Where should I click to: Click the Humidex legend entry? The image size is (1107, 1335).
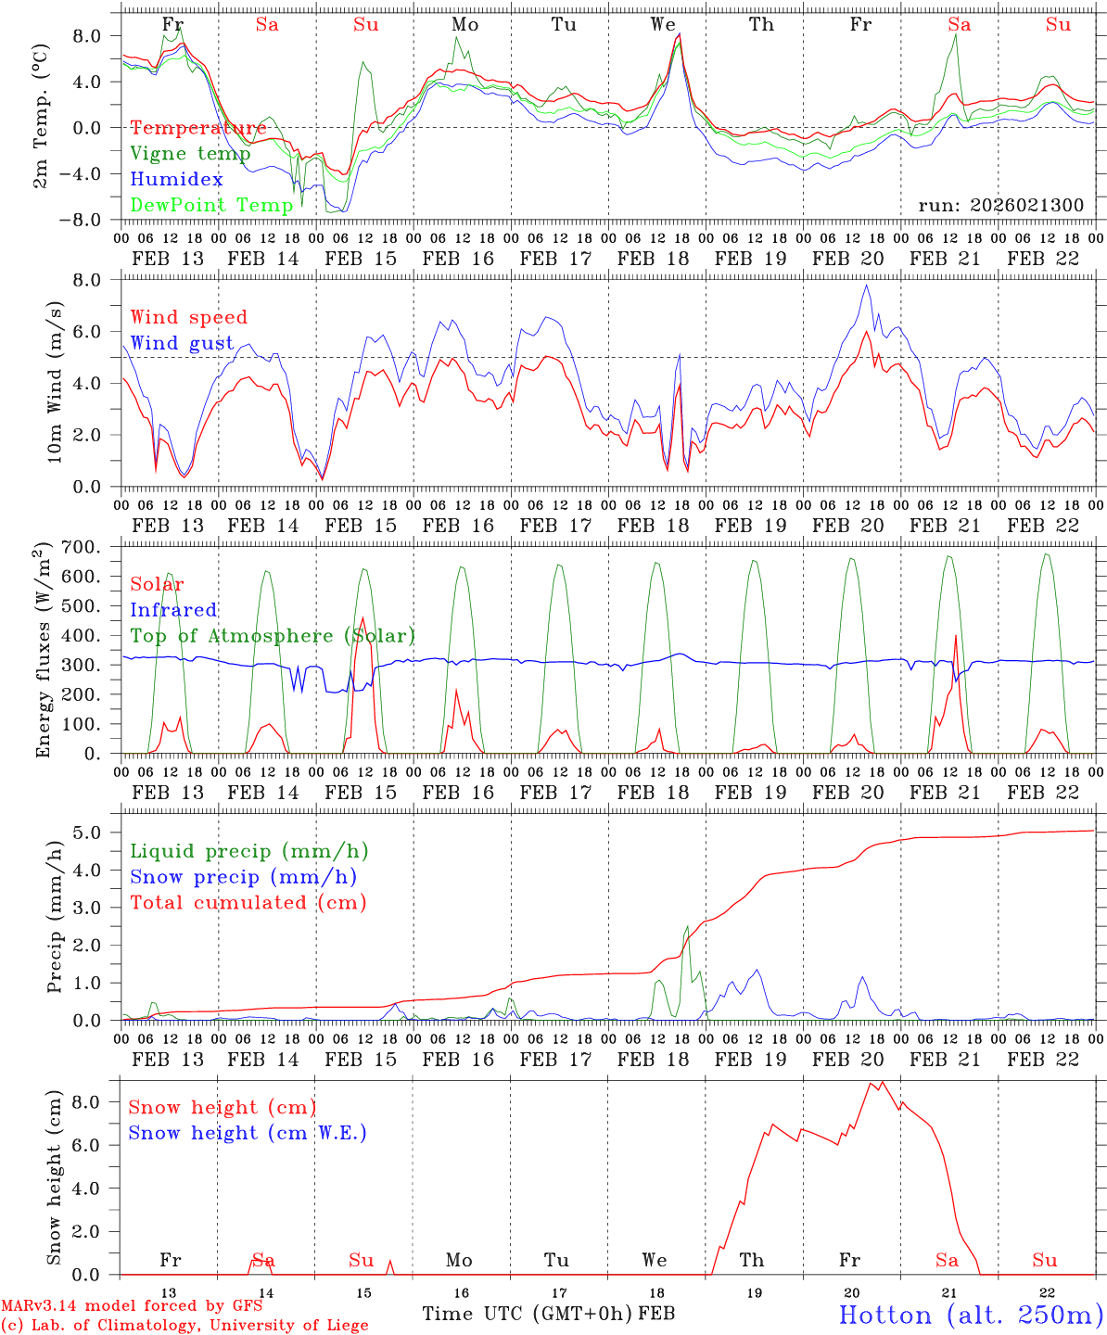click(177, 180)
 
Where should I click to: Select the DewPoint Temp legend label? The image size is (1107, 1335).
click(212, 205)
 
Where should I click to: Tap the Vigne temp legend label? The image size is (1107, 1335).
click(190, 154)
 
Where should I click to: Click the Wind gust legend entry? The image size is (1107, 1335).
click(183, 343)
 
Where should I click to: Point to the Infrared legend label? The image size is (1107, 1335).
click(174, 610)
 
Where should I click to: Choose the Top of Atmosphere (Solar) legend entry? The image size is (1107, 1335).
click(273, 636)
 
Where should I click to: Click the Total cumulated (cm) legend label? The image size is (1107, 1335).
click(248, 902)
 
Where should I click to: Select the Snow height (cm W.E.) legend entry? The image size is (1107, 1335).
click(248, 1133)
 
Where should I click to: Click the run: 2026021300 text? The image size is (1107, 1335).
click(1000, 206)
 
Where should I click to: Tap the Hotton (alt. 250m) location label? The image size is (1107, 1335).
click(970, 1315)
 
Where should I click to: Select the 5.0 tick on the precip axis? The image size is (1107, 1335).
click(96, 833)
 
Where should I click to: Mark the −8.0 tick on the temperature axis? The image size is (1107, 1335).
click(93, 220)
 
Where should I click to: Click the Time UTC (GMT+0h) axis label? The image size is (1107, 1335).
click(528, 1314)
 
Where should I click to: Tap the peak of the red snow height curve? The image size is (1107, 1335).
click(882, 1082)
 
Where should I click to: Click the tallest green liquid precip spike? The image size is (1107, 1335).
click(687, 926)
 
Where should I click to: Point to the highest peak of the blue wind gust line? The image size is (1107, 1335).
click(867, 285)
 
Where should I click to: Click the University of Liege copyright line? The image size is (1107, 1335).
click(184, 1326)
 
